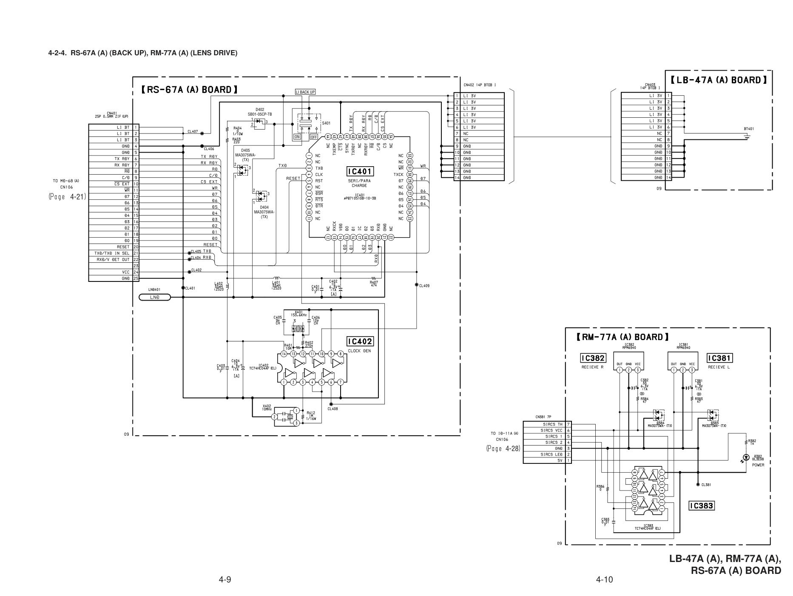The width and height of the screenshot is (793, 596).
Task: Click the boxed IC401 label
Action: tap(360, 172)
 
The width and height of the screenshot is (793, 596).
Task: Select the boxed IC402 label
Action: tap(360, 341)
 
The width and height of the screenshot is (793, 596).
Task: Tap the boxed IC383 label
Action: tap(702, 505)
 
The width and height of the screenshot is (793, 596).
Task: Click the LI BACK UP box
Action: tap(305, 92)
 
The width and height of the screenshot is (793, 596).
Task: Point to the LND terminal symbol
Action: tap(155, 297)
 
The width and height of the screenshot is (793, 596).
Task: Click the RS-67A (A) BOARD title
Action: tap(189, 90)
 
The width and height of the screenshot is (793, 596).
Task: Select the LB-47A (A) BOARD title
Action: tap(719, 80)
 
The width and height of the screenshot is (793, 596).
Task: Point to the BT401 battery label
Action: tap(749, 128)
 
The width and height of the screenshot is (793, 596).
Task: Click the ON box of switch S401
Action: tap(297, 137)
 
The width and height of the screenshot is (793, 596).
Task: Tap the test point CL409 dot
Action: tap(417, 284)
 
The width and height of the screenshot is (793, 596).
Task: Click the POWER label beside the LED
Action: tap(758, 465)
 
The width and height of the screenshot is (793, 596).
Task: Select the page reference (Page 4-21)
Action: tap(67, 196)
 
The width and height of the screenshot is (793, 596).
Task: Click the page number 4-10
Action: tap(604, 579)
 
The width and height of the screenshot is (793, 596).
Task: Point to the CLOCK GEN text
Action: tap(359, 351)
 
